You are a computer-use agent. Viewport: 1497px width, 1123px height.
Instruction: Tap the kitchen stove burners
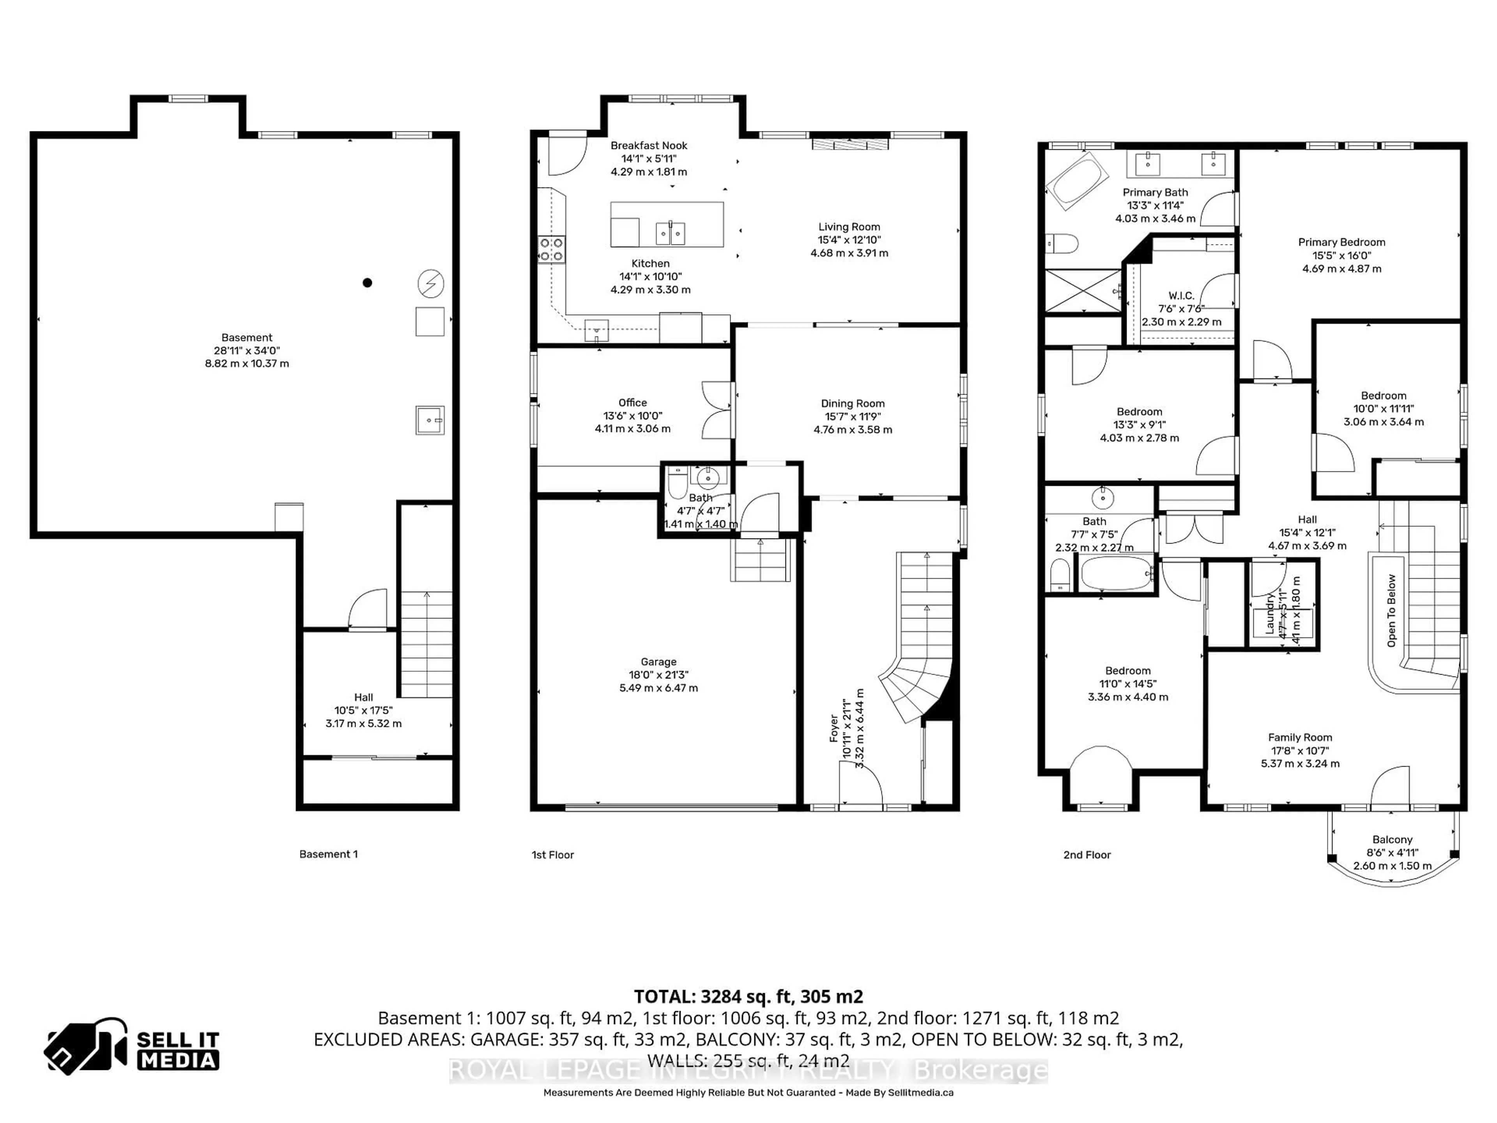(x=552, y=249)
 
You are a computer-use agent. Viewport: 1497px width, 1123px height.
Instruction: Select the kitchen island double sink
(x=671, y=233)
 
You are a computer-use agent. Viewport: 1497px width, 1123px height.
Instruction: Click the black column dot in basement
(x=368, y=283)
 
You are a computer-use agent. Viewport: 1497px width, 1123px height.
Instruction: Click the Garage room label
(x=658, y=662)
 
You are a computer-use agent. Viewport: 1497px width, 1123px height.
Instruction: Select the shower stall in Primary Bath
(x=1083, y=291)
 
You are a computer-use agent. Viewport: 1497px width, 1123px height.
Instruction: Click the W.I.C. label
(x=1181, y=296)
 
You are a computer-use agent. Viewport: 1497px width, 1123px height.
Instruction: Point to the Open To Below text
(x=1391, y=611)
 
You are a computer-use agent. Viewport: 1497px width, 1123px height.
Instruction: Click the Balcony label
(x=1392, y=840)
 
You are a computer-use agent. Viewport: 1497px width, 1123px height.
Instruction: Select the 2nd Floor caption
(x=1087, y=855)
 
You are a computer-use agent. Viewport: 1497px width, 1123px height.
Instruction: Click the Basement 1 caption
(x=328, y=854)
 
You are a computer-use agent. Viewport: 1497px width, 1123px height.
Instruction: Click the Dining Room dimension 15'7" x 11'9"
(x=852, y=417)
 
